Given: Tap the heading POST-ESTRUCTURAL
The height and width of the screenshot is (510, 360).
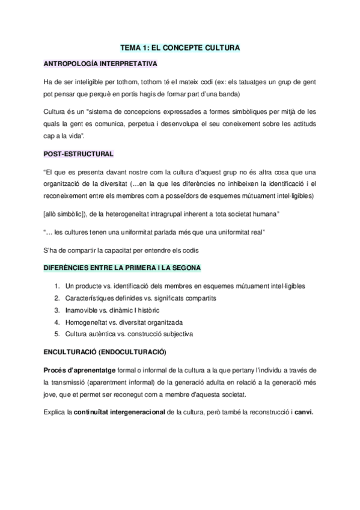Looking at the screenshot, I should coord(78,155).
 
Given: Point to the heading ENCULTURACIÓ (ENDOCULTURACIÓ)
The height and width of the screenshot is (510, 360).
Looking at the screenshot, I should coord(105,351).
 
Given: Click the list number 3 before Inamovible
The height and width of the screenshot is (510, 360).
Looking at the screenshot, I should coord(56,310).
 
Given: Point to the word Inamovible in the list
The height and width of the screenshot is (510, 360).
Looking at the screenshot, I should coord(85,310).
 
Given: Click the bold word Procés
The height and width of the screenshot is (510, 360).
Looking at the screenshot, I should coord(56,369).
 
